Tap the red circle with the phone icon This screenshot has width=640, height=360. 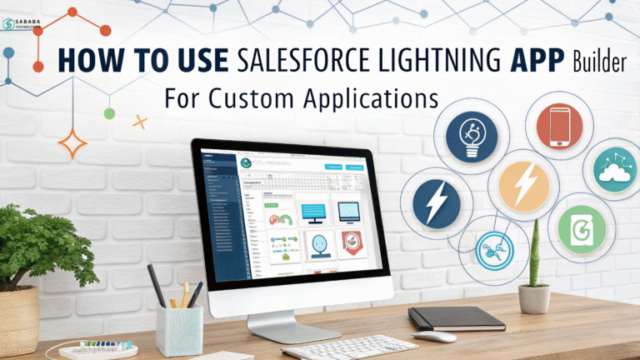pyautogui.click(x=560, y=127)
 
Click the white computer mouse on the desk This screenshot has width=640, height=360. pyautogui.click(x=434, y=336)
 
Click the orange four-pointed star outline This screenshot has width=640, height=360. pyautogui.click(x=74, y=142)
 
